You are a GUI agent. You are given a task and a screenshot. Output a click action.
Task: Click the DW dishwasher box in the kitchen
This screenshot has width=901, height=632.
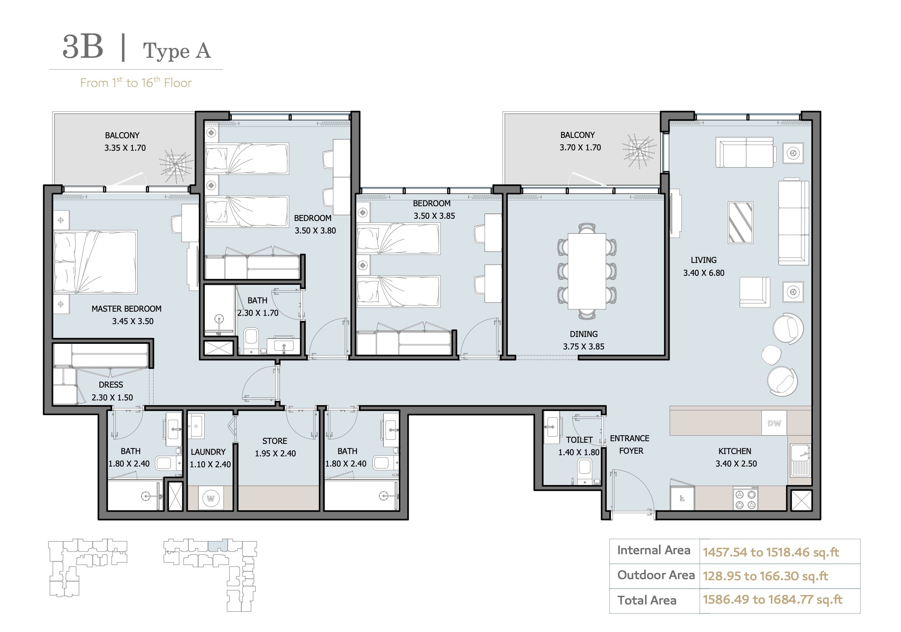(774, 423)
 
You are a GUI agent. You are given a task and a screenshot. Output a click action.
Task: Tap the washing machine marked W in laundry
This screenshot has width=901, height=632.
(211, 498)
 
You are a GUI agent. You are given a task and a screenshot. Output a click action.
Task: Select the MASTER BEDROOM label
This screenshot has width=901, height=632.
(126, 309)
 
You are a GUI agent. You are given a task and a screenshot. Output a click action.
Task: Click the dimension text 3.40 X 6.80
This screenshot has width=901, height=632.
(704, 273)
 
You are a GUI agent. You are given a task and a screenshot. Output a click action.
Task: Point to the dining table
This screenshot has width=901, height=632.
(587, 271)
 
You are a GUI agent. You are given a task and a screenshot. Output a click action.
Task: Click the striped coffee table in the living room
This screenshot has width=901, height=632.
(740, 223)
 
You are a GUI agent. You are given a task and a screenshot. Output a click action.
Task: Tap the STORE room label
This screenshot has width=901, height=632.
(275, 441)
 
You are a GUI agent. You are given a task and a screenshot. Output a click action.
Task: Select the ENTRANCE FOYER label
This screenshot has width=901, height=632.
(630, 445)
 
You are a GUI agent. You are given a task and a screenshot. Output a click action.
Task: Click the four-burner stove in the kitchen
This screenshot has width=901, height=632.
(745, 498)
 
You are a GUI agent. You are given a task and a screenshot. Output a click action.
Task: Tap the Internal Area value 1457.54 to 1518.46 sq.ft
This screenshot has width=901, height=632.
(771, 552)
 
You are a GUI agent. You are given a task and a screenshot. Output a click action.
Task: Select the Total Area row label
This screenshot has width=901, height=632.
(647, 600)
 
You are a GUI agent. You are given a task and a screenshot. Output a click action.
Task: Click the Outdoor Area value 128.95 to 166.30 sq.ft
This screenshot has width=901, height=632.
(765, 576)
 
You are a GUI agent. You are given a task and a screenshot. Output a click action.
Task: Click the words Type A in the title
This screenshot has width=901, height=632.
(177, 51)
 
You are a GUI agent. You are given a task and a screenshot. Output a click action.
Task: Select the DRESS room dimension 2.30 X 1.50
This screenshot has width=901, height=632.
(112, 397)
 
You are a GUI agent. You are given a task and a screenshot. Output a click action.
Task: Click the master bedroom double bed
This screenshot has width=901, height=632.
(95, 262)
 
